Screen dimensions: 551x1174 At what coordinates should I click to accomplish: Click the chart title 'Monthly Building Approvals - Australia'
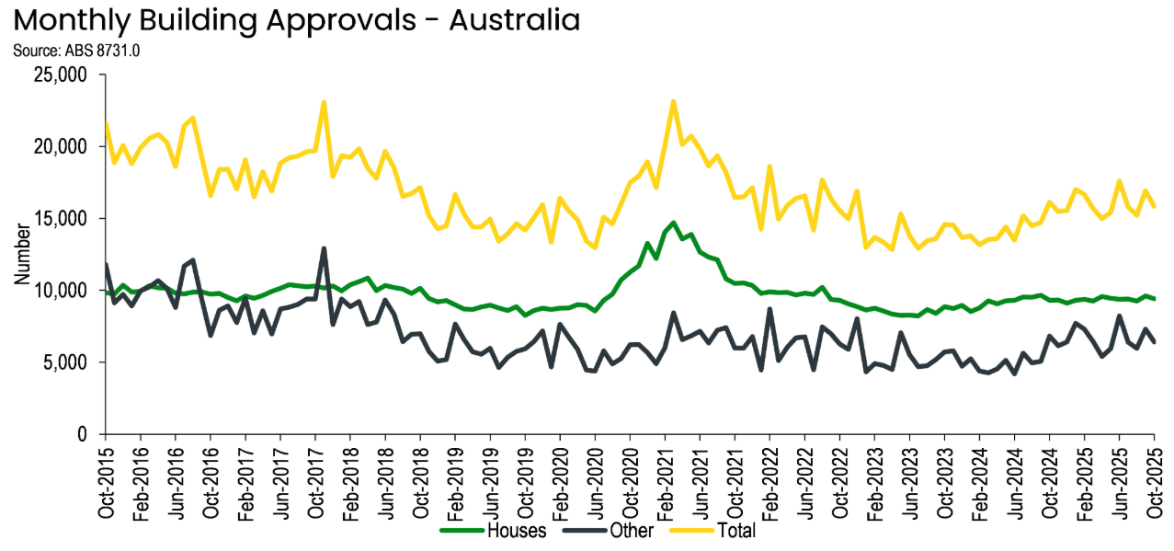pos(296,20)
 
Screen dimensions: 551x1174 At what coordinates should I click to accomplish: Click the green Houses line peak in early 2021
pos(673,223)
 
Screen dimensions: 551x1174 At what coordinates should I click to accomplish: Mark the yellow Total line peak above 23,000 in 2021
pos(673,101)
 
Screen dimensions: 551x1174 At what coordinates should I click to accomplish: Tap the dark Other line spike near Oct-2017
pos(324,248)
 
